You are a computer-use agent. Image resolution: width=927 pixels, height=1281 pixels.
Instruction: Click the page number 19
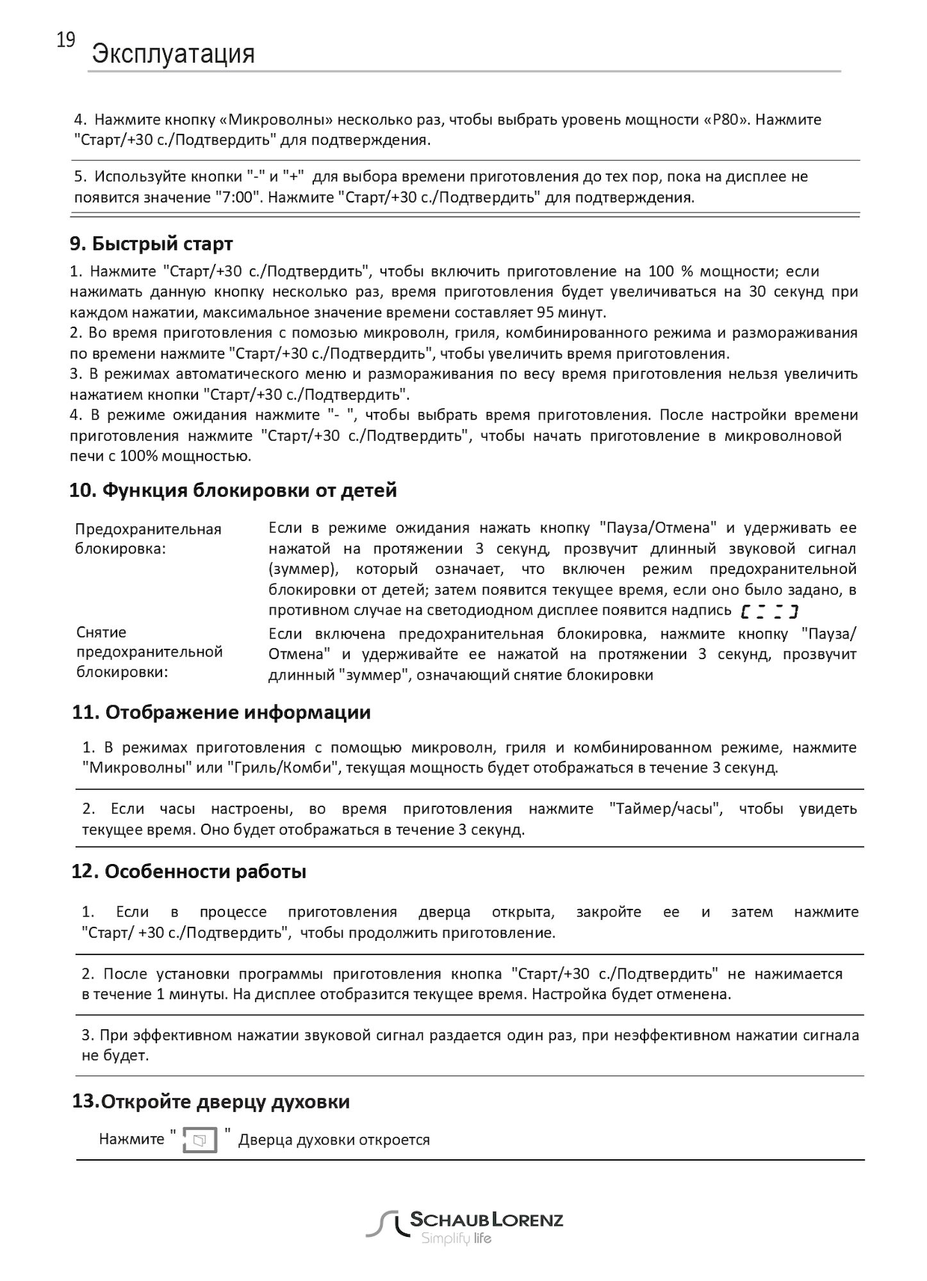(x=65, y=41)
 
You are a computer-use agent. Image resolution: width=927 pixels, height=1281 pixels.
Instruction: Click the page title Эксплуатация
(x=173, y=54)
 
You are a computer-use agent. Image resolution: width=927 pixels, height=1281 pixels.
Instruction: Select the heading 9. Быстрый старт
(x=151, y=244)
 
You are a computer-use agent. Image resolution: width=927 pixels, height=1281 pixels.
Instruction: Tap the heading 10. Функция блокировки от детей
(x=233, y=491)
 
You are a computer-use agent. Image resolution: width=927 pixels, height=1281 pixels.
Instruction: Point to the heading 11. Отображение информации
(x=222, y=712)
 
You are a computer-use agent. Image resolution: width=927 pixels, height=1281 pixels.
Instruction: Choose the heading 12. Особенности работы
(x=189, y=872)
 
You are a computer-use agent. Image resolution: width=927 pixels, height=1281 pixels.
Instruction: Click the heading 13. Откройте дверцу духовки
(x=211, y=1102)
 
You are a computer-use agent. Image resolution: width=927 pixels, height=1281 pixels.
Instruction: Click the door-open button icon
(x=200, y=1141)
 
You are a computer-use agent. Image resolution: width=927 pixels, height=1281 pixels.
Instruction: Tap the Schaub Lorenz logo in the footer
(x=464, y=1224)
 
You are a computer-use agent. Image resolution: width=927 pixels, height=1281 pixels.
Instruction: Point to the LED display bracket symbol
(x=768, y=612)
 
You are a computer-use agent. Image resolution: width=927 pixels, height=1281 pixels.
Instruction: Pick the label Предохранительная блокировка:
(x=148, y=539)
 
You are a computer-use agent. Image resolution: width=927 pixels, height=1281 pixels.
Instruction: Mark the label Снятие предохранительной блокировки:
(x=149, y=652)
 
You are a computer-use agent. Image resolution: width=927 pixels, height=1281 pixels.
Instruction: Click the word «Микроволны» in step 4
(x=275, y=120)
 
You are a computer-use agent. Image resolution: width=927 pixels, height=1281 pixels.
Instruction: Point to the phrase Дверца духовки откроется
(x=334, y=1140)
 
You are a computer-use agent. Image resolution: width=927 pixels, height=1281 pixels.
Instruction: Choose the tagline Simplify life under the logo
(x=455, y=1239)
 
